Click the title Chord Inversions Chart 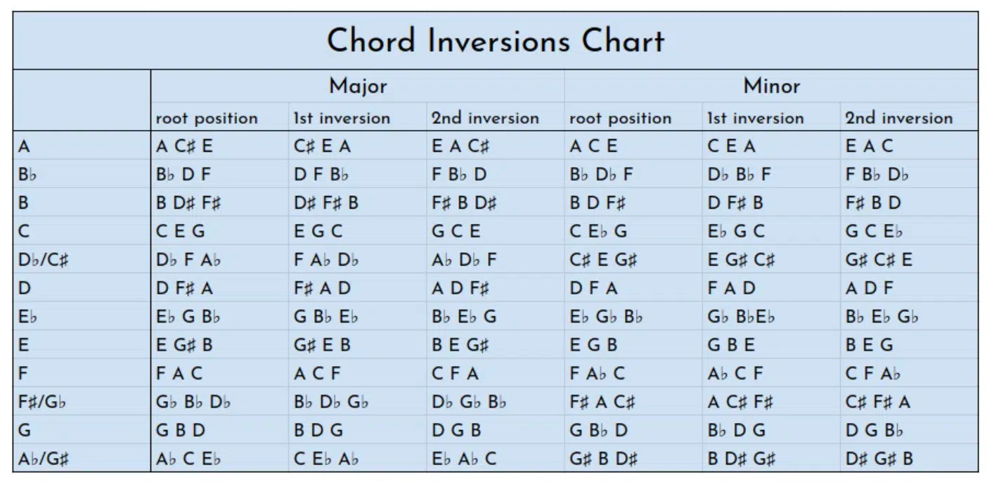[495, 41]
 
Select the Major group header [358, 86]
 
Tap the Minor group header [771, 86]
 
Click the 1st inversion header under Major [341, 118]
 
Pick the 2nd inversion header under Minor [898, 118]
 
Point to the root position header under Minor [620, 118]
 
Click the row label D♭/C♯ [44, 260]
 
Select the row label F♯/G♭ [43, 403]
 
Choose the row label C [25, 231]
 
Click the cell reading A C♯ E [184, 147]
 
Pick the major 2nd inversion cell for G [456, 431]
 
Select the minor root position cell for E [593, 345]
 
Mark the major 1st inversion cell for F [317, 374]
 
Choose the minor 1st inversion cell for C [736, 231]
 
